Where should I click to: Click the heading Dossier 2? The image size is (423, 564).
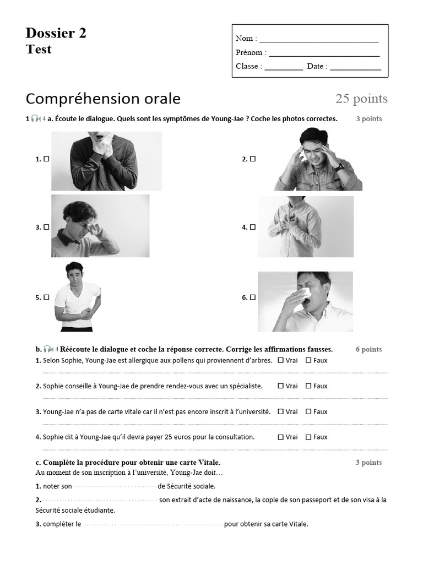[x=56, y=34]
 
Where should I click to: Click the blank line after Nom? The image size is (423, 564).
[x=318, y=40]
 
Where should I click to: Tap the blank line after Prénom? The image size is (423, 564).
[x=324, y=54]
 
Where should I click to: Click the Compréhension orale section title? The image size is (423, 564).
[x=103, y=99]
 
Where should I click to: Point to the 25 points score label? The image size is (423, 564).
[x=361, y=99]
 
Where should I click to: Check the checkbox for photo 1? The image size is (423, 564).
[x=47, y=159]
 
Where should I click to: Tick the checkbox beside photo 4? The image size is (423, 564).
[x=253, y=226]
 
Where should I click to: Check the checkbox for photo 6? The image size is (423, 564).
[x=253, y=297]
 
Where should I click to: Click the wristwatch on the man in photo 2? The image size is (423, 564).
[x=339, y=167]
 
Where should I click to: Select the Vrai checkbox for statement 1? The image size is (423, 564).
[x=281, y=360]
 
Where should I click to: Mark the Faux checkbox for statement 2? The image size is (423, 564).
[x=308, y=386]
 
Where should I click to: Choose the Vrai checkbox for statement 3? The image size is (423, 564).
[x=281, y=411]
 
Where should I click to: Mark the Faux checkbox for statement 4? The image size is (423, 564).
[x=308, y=437]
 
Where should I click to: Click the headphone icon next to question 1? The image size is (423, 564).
[x=35, y=118]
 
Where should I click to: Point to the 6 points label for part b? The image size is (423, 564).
[x=368, y=349]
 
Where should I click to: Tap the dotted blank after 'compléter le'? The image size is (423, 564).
[x=153, y=524]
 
